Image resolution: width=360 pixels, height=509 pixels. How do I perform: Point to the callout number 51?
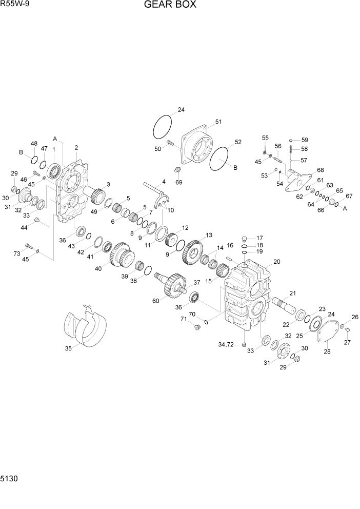218,122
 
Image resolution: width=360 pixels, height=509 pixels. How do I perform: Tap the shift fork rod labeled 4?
154,188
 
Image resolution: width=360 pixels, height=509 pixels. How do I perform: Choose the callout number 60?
156,301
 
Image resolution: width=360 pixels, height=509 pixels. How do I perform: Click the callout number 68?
320,170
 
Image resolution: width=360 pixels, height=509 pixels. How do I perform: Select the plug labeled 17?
245,238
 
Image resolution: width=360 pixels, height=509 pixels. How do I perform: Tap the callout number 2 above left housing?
76,147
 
